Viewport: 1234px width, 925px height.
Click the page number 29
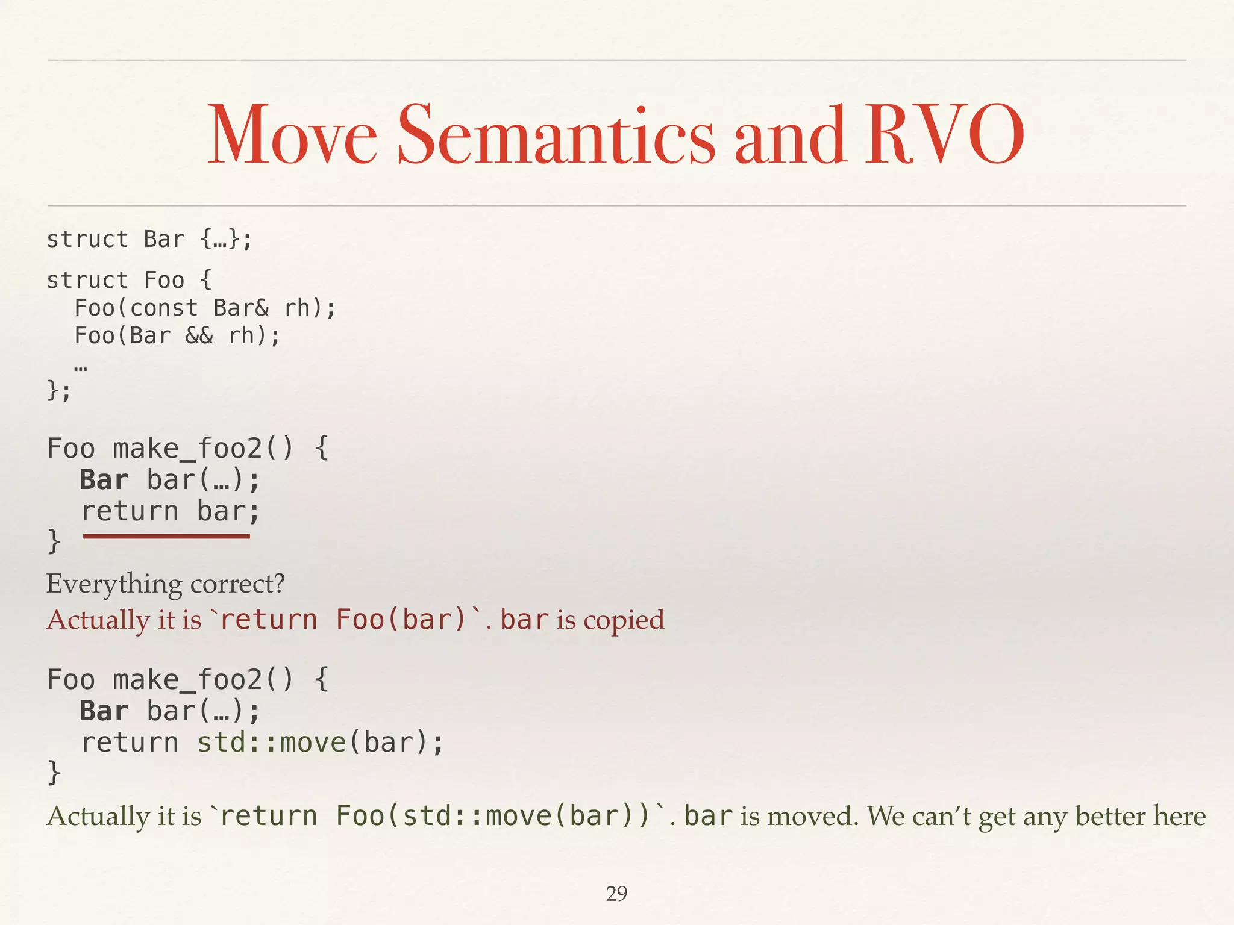point(616,893)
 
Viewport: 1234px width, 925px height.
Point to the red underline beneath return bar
point(166,535)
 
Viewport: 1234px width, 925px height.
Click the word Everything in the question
point(114,584)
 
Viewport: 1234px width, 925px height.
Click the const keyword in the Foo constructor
point(164,308)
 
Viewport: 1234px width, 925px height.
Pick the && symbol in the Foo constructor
point(199,335)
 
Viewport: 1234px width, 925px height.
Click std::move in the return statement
point(271,742)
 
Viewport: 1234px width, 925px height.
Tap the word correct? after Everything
point(237,584)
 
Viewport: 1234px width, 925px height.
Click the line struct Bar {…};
point(149,239)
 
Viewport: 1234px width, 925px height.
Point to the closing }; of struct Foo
point(58,391)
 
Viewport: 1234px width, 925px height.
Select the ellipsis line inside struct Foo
point(81,365)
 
